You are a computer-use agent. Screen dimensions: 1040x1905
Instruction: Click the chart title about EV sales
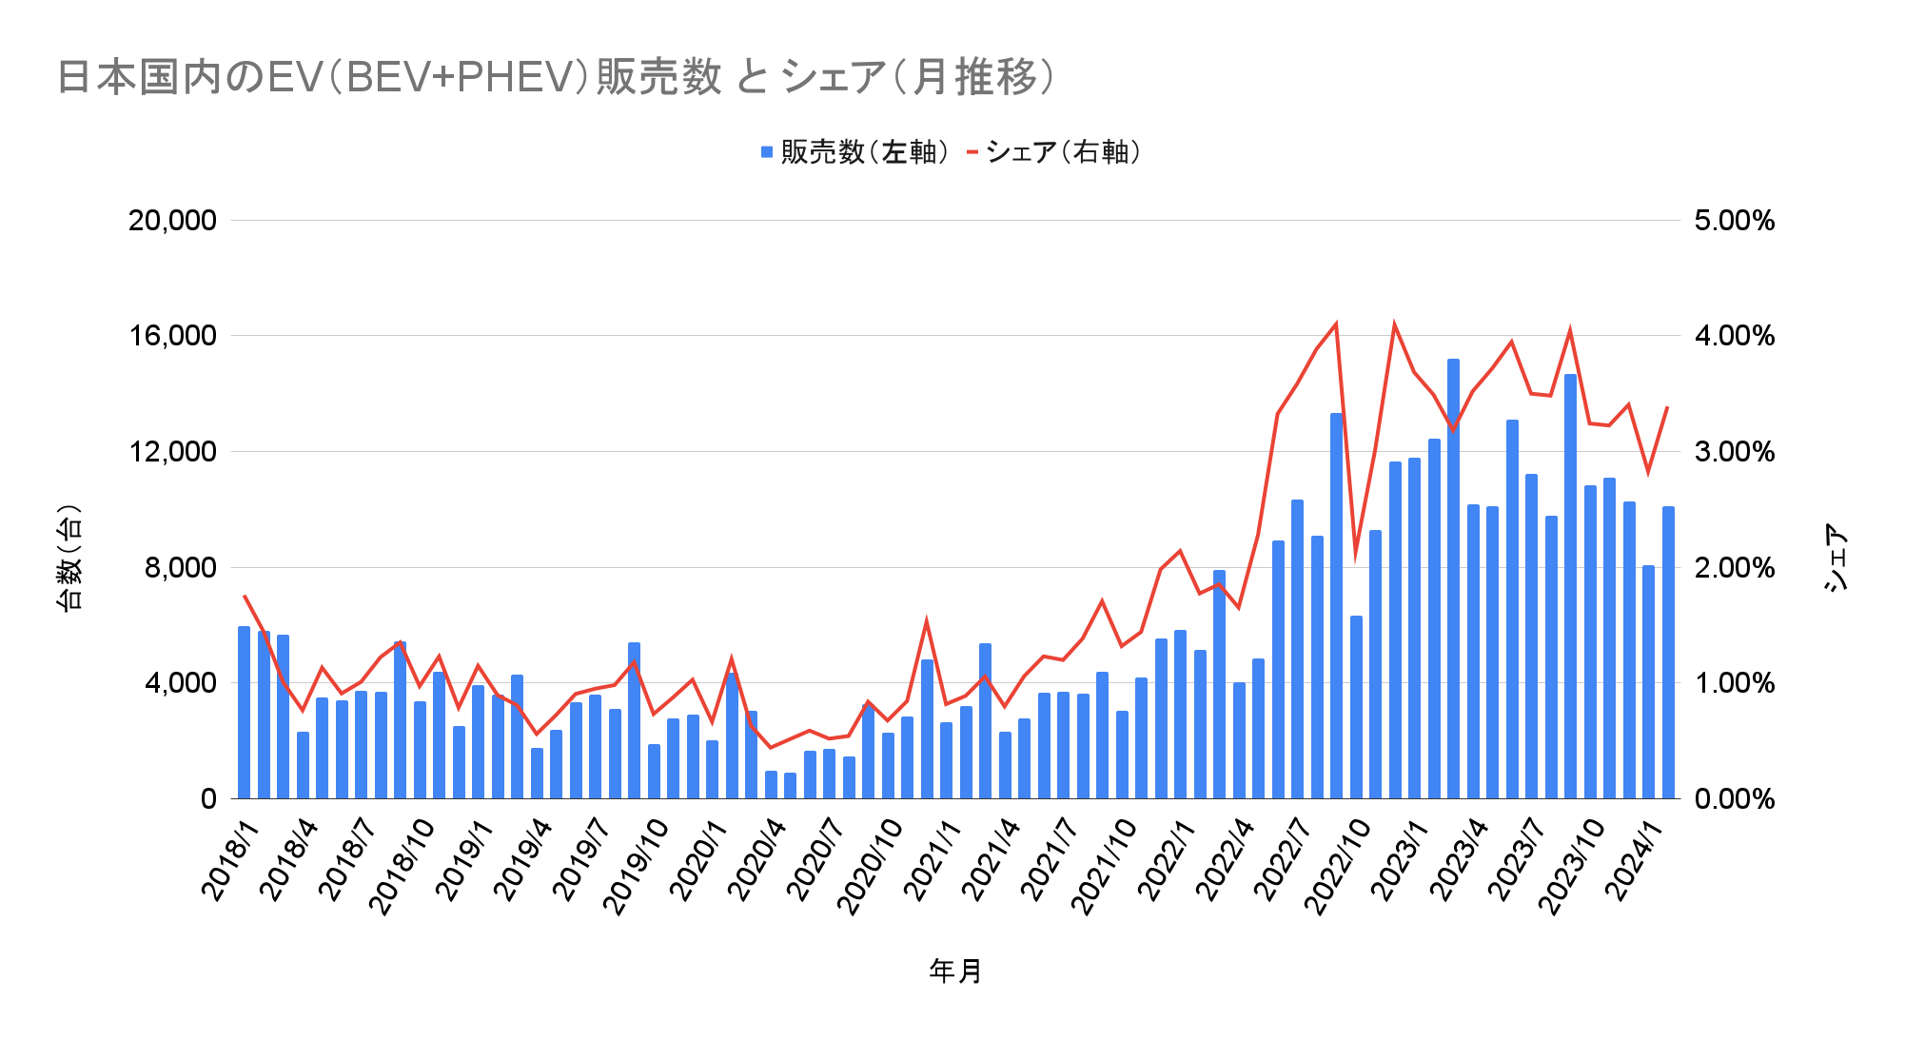tap(556, 77)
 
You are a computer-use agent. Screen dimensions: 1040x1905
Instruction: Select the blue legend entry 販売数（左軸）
tap(854, 152)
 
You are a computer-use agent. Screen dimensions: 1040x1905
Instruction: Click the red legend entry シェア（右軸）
tap(1054, 152)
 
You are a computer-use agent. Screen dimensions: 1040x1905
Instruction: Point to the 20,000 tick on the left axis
tap(172, 221)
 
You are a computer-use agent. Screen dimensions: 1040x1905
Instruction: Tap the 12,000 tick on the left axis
tap(172, 452)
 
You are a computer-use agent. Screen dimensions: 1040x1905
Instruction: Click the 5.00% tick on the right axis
tap(1735, 221)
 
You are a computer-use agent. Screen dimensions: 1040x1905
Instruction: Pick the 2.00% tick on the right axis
tap(1735, 568)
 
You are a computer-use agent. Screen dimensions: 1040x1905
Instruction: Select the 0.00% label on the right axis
tap(1735, 799)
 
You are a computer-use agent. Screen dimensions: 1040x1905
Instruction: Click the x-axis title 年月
tap(955, 971)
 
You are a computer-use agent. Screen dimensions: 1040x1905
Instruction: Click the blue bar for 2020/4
tap(771, 785)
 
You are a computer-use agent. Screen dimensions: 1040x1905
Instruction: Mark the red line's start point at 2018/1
tap(245, 596)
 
